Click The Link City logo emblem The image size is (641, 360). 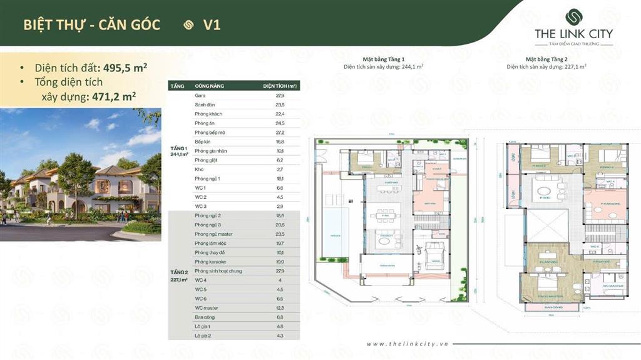click(573, 16)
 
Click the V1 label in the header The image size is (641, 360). click(212, 25)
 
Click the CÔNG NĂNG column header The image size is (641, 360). click(209, 85)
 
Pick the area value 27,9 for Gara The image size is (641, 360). click(279, 95)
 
